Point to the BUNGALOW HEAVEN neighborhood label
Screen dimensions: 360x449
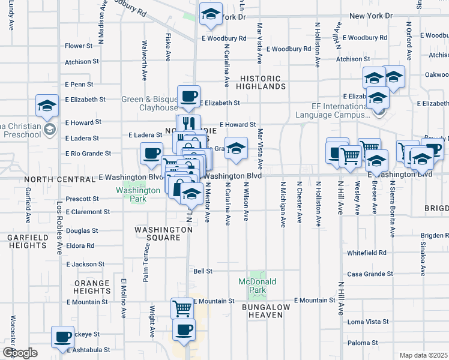pyautogui.click(x=266, y=311)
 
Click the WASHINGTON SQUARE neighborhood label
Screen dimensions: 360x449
pyautogui.click(x=158, y=233)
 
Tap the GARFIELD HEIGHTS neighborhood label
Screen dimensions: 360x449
pyautogui.click(x=27, y=242)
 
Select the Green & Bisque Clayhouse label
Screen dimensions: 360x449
pyautogui.click(x=149, y=103)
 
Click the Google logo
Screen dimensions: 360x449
pyautogui.click(x=19, y=353)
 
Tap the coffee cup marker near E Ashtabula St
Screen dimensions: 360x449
pyautogui.click(x=62, y=337)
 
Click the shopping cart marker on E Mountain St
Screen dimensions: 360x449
pyautogui.click(x=182, y=309)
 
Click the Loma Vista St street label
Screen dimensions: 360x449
pyautogui.click(x=368, y=322)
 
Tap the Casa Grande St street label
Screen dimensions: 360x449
pyautogui.click(x=370, y=274)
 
